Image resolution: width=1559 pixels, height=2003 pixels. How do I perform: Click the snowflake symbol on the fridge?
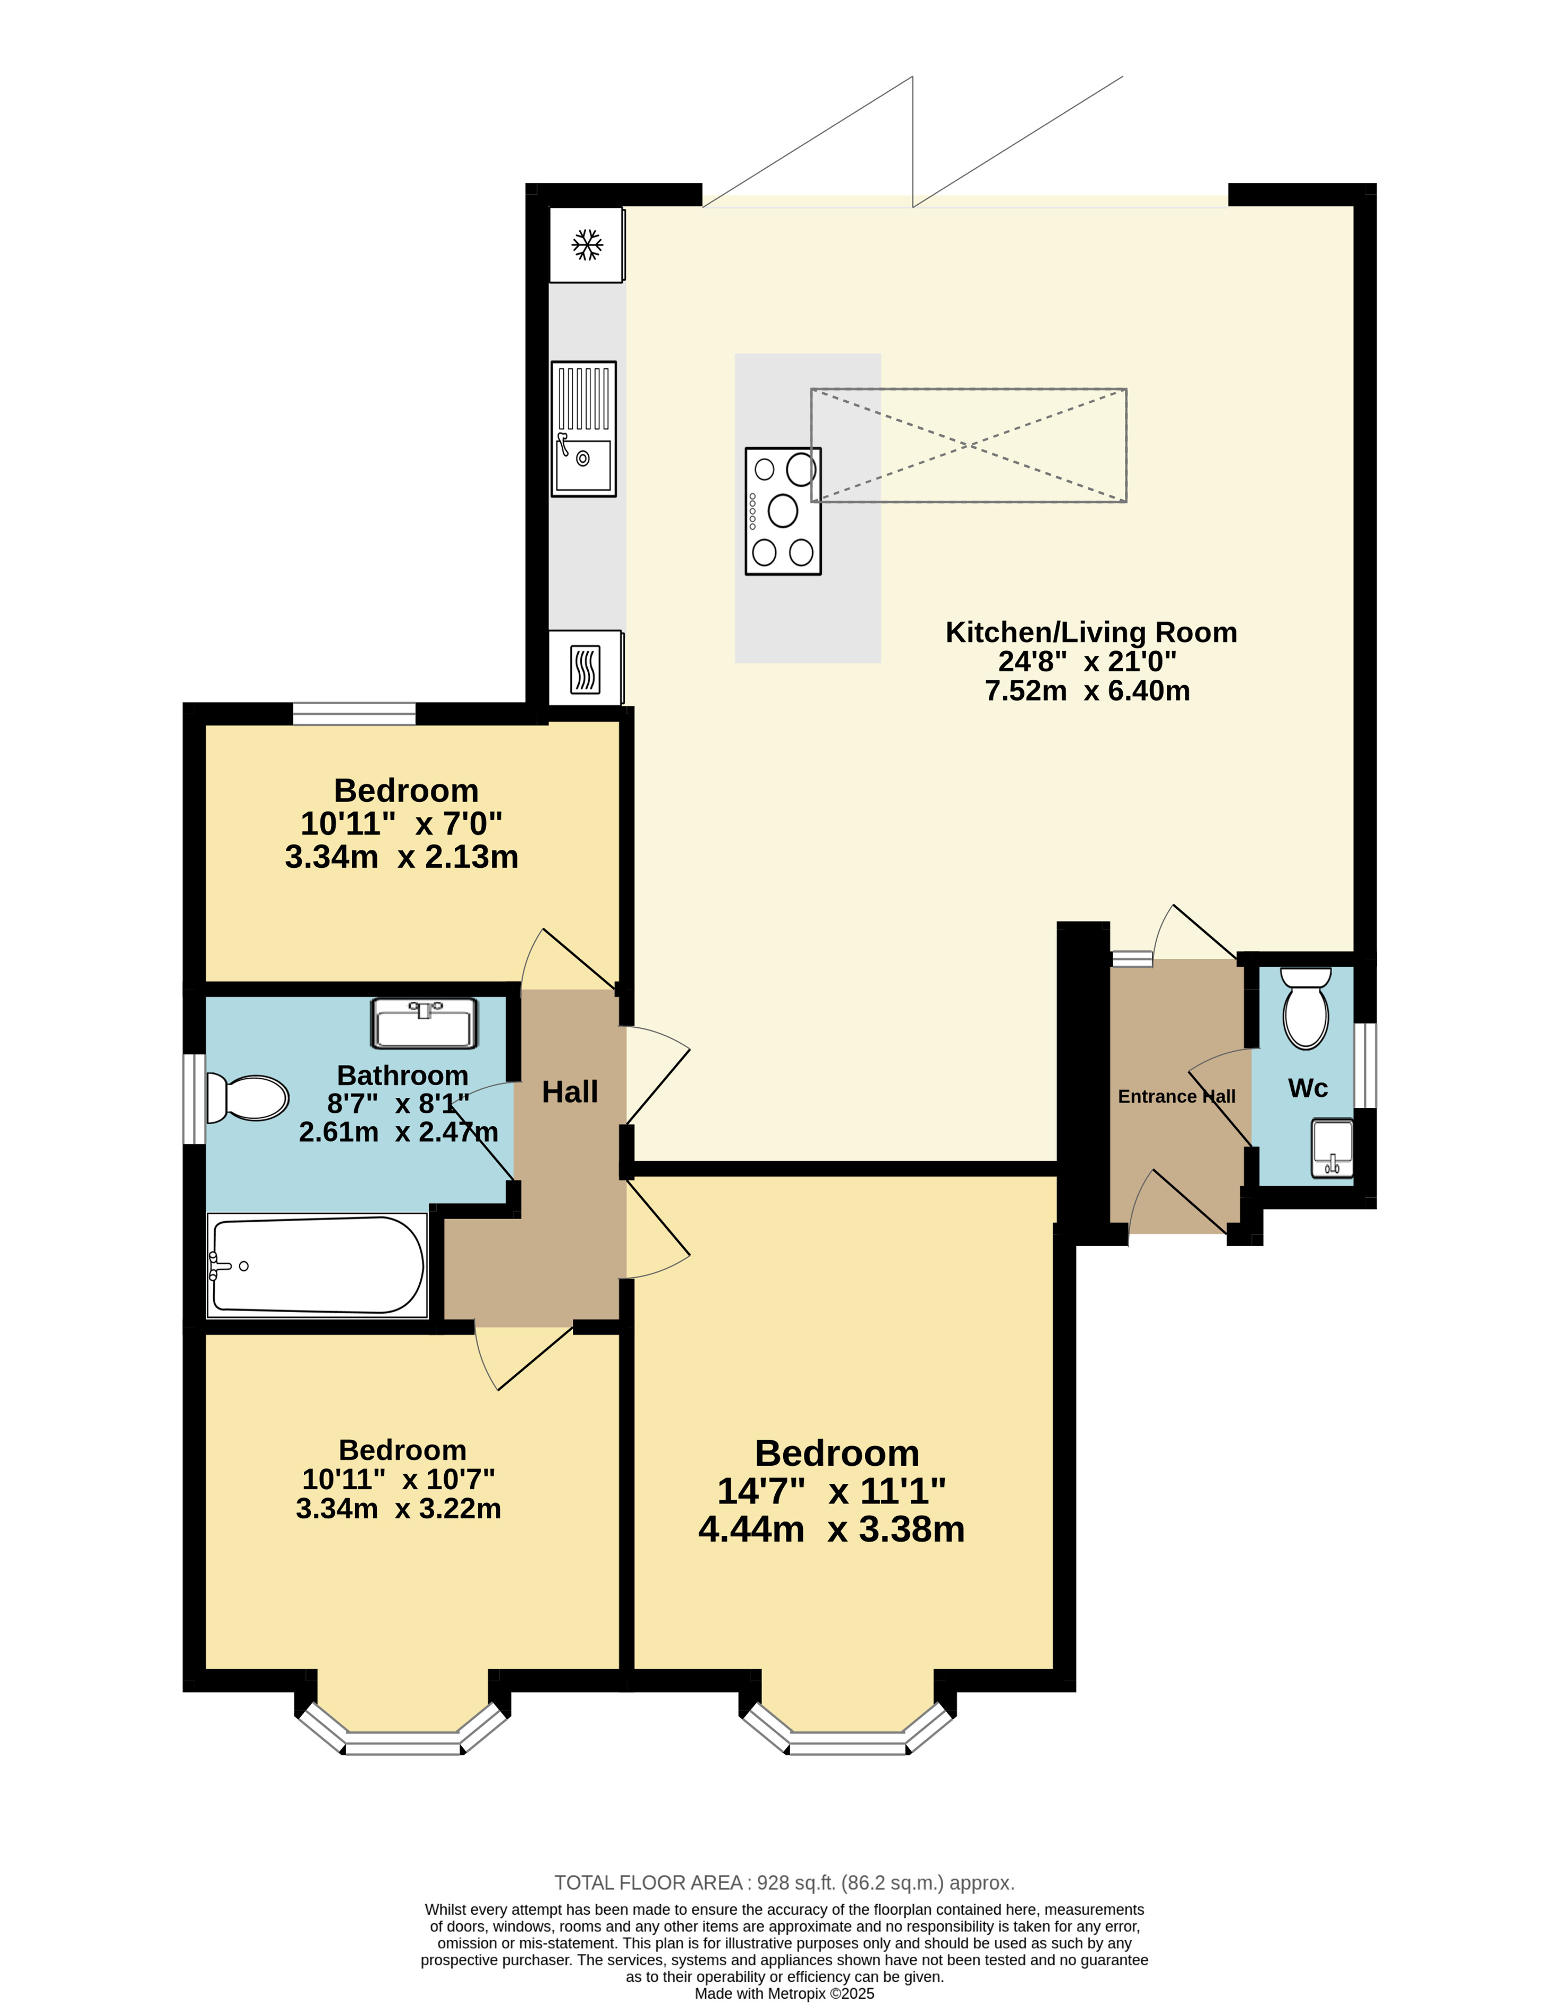tap(587, 245)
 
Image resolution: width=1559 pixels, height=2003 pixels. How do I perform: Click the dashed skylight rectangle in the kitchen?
tap(969, 445)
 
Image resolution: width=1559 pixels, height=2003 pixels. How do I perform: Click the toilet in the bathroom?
tap(247, 1098)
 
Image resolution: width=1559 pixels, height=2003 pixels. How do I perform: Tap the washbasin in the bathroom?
tap(425, 1024)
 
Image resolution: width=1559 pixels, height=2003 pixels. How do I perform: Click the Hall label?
tap(570, 1092)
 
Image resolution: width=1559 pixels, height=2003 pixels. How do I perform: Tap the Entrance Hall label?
tap(1176, 1096)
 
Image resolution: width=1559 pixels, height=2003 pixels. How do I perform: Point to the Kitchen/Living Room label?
tap(1091, 632)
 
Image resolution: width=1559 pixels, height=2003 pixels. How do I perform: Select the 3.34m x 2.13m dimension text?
tap(402, 857)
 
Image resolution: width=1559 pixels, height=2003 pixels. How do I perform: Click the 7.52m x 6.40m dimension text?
tap(1088, 690)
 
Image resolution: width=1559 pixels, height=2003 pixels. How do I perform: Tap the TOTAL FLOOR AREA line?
tap(784, 1883)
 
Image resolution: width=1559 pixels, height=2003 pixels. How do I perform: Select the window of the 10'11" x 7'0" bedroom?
tap(354, 714)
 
